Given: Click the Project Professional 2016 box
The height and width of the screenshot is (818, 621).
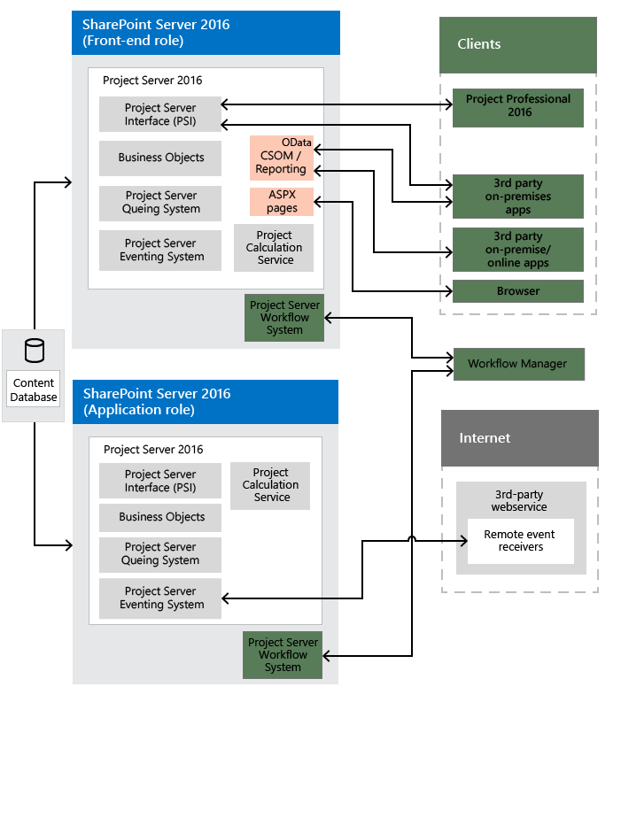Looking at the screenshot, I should tap(518, 107).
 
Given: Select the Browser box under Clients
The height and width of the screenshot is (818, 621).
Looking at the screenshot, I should tap(518, 291).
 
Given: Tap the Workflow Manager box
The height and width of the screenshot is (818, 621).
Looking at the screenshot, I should tap(518, 364).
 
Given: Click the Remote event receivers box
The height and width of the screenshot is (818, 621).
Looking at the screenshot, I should tap(521, 541).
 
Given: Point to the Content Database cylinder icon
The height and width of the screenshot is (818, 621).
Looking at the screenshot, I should tap(35, 351).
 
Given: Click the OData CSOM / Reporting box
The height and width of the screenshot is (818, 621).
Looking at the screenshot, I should tap(282, 157).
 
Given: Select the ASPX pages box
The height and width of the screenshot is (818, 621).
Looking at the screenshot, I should tap(282, 201).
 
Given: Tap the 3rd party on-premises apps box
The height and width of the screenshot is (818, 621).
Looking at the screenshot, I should tap(518, 197).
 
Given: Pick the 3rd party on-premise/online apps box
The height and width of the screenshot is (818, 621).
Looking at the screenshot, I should tap(518, 250).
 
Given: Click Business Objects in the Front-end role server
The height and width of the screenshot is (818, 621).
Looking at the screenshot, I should tap(160, 158).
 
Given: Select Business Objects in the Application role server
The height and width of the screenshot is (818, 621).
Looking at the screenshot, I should tap(161, 517).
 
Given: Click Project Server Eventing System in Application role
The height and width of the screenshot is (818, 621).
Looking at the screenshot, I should tap(161, 598).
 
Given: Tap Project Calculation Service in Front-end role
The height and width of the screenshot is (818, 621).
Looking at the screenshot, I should tap(274, 248).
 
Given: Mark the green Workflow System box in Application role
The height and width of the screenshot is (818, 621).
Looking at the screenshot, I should tap(283, 655).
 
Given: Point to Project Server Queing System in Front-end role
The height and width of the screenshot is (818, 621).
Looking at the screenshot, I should tap(160, 203).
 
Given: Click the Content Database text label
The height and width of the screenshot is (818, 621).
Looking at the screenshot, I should tap(34, 390).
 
